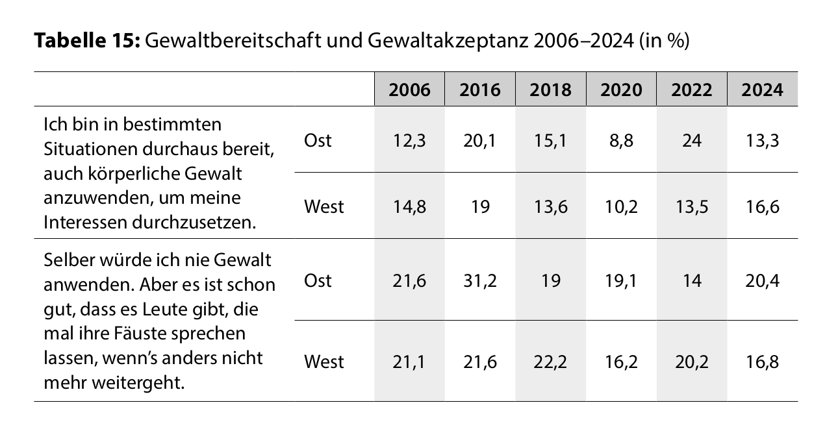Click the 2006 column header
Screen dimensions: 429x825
point(409,90)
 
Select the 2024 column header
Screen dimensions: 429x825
point(762,90)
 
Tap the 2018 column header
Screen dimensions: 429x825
point(550,90)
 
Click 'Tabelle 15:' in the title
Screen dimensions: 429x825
point(86,42)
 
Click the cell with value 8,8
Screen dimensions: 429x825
point(621,140)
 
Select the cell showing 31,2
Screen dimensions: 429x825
point(480,280)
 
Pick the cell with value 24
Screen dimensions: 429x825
point(691,140)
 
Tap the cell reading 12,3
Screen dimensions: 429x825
point(409,140)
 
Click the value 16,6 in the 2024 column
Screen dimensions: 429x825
point(762,206)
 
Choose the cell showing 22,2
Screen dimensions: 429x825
point(550,361)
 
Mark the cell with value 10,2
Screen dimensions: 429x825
point(621,206)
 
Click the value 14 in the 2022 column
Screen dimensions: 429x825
point(691,280)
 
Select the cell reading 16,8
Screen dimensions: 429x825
point(762,361)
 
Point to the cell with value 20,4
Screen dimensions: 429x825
point(762,280)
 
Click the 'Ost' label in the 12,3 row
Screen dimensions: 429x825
point(318,140)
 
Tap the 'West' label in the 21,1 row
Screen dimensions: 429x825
point(324,361)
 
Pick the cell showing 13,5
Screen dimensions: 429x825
point(691,206)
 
